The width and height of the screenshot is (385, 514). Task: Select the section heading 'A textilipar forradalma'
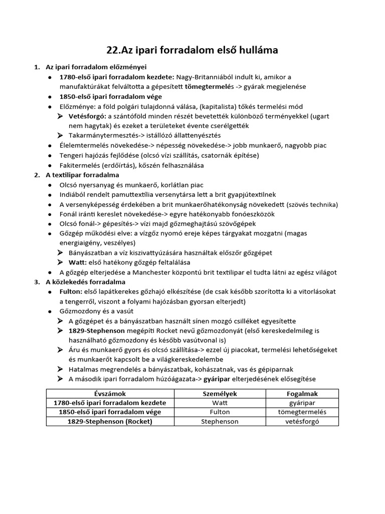point(82,175)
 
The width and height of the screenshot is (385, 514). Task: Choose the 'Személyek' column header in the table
point(220,394)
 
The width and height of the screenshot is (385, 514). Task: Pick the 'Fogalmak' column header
point(302,394)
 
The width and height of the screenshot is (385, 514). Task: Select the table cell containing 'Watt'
point(220,403)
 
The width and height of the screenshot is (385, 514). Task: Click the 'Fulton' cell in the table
point(220,412)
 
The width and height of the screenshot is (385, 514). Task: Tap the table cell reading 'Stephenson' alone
point(220,422)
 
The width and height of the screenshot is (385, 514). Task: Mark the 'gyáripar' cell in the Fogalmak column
point(302,403)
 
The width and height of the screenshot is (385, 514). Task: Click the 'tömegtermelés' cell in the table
point(302,412)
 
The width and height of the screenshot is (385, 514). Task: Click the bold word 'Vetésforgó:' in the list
point(84,116)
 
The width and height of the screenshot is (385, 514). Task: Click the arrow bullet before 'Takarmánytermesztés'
point(61,136)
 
